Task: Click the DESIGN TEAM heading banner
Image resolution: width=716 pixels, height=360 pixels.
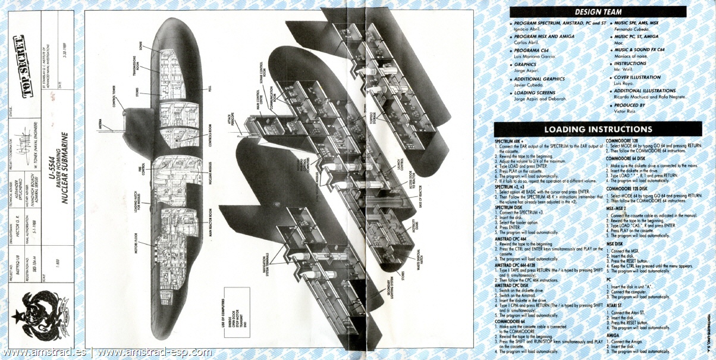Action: [x=598, y=11]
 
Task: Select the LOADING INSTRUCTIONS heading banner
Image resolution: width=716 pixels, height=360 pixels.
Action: [x=598, y=129]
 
